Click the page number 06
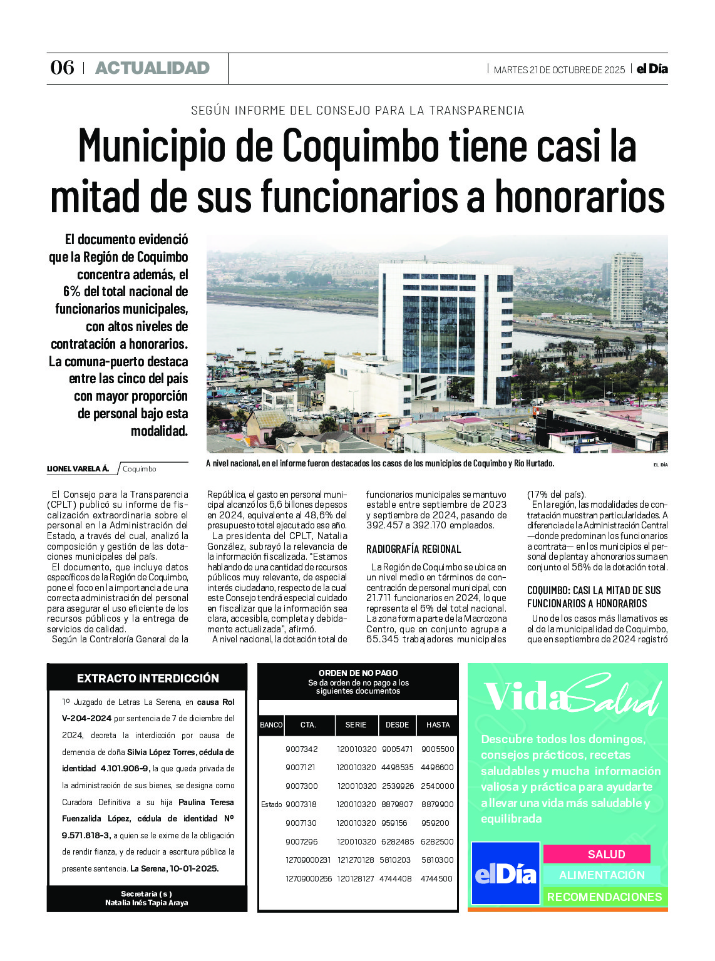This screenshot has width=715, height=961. tap(62, 68)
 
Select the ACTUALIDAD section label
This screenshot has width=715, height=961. tap(152, 68)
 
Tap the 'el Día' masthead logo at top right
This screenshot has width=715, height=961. tap(652, 69)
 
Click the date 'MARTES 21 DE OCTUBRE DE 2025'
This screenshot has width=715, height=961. tap(559, 70)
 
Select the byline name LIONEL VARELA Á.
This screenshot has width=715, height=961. tap(78, 469)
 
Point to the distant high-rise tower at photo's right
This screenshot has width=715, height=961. tap(626, 289)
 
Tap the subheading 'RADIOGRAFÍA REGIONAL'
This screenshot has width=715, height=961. tap(413, 549)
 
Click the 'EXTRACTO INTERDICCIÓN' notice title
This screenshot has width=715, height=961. tap(148, 678)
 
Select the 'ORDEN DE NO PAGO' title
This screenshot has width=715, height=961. tap(358, 673)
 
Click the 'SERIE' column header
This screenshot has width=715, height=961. tap(356, 725)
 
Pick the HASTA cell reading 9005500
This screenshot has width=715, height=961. tap(438, 749)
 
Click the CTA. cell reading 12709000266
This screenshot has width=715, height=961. tap(309, 878)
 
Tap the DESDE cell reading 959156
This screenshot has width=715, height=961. tap(394, 823)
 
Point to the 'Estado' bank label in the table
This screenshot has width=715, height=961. tap(272, 804)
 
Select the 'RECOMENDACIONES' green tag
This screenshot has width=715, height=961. tap(604, 897)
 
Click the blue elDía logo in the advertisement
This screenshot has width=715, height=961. tap(505, 873)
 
